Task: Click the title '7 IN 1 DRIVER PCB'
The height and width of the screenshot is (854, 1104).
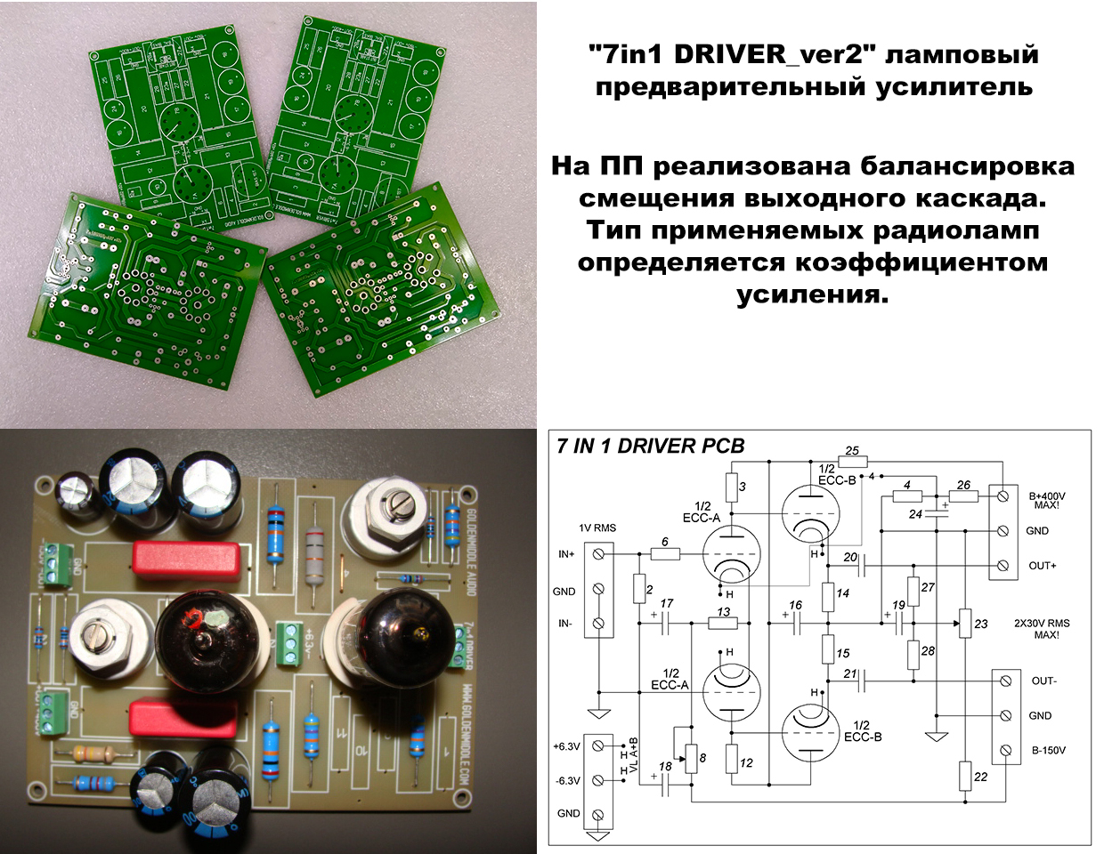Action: (x=650, y=446)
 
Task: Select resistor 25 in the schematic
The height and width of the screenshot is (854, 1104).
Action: (x=851, y=462)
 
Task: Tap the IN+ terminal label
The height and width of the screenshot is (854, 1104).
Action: (x=566, y=554)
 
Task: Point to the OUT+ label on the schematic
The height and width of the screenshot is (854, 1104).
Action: (x=1043, y=566)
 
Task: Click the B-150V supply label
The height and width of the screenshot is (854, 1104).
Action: (x=1048, y=751)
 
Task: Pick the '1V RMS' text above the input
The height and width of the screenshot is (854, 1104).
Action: (x=597, y=528)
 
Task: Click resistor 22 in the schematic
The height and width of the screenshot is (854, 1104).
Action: (x=965, y=776)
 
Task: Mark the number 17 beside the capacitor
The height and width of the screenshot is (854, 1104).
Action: (x=666, y=604)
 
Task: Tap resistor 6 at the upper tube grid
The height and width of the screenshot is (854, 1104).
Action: (x=665, y=553)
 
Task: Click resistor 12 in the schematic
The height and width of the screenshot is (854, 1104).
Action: (x=732, y=759)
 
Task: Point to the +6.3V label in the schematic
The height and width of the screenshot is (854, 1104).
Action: (x=566, y=746)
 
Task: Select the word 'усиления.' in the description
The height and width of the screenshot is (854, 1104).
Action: (x=812, y=294)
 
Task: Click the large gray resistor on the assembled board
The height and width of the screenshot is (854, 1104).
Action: (x=314, y=556)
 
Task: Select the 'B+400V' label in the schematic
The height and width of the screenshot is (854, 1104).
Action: (x=1047, y=496)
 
